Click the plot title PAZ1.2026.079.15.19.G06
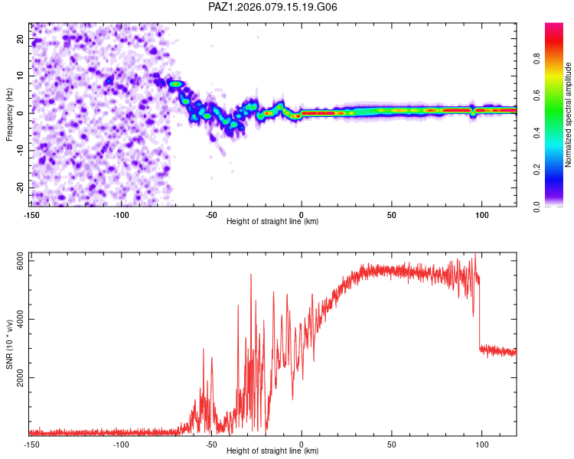click(x=273, y=7)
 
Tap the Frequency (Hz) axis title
click(x=9, y=114)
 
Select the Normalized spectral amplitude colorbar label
click(x=569, y=114)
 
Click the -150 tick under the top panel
click(x=31, y=213)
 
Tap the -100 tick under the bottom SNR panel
click(x=121, y=444)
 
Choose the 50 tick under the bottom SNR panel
click(x=392, y=444)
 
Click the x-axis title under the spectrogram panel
click(x=273, y=221)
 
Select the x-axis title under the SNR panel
click(x=273, y=451)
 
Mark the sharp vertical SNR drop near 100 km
click(x=479, y=314)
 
